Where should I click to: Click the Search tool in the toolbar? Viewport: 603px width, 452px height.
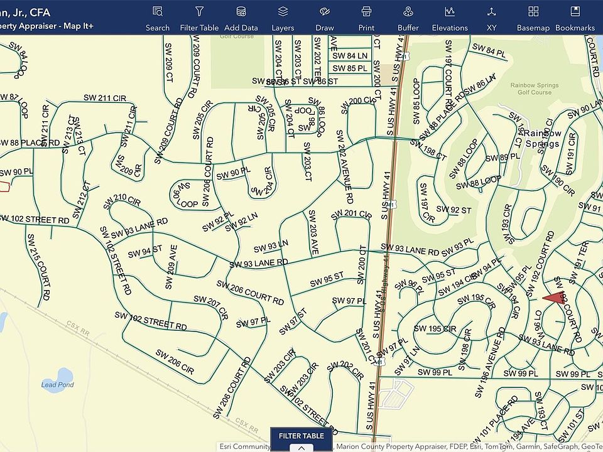tap(158, 18)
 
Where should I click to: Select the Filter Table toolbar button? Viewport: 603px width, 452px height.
tap(199, 18)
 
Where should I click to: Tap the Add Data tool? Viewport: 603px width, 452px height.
tap(241, 18)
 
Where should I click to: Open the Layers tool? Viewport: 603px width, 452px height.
tap(283, 18)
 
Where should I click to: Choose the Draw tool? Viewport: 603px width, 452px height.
tap(324, 18)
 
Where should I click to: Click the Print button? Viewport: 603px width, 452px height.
tap(366, 18)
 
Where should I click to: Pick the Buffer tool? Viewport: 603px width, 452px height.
tap(408, 18)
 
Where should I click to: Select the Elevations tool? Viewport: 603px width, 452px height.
tap(450, 18)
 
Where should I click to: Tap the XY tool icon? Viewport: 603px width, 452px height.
tap(491, 18)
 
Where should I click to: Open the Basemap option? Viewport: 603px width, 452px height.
tap(533, 18)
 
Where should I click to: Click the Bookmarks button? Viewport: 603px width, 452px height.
tap(575, 18)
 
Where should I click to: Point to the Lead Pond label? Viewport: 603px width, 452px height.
tap(57, 385)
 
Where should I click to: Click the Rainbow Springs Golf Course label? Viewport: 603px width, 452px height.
tap(531, 89)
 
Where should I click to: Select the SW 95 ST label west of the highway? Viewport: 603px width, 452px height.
tap(326, 277)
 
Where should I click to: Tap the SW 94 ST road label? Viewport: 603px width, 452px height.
tap(144, 252)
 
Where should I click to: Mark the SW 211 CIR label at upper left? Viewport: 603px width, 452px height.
tap(105, 98)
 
